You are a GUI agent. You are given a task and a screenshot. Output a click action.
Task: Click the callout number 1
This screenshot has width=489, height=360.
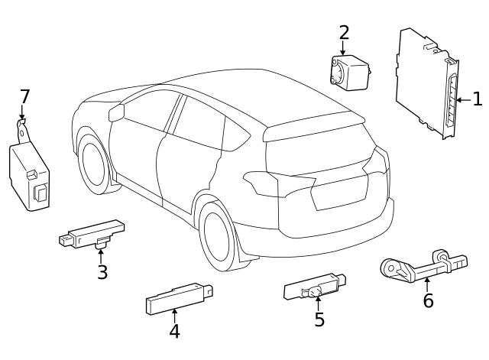coord(477,99)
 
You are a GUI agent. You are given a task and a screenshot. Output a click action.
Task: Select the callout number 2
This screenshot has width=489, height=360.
coord(344,32)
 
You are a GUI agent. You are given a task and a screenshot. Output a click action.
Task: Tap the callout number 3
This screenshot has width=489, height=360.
coord(102,272)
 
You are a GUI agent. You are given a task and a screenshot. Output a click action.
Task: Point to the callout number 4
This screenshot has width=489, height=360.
coord(174,331)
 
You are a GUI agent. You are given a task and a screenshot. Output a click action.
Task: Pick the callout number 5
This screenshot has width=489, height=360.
coord(319,319)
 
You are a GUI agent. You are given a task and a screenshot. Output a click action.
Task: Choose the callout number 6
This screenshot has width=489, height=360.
coord(428,300)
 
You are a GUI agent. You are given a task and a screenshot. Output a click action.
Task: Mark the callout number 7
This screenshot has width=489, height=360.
coord(24,97)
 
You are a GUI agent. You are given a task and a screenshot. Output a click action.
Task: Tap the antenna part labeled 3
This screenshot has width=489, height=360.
coord(92,234)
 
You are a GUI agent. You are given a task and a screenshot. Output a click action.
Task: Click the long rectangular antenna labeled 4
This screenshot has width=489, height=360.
coord(177,297)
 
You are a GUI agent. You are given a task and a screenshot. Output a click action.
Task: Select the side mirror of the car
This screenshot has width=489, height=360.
coord(116,114)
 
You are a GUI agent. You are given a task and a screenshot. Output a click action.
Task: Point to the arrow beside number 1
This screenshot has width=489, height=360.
coord(462,99)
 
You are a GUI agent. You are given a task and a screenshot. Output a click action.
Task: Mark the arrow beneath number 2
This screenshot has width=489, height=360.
coord(343,47)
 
